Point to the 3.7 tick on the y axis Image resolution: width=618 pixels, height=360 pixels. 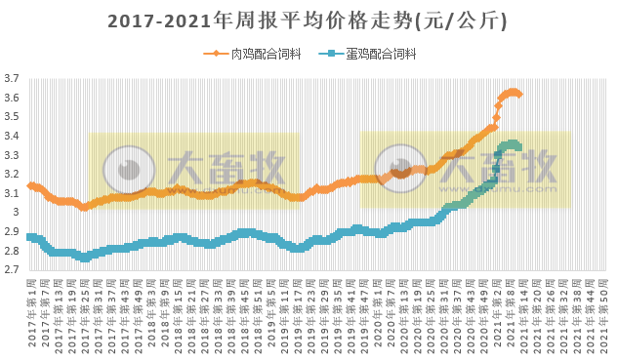pos(12,79)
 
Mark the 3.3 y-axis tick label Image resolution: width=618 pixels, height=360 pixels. pos(12,155)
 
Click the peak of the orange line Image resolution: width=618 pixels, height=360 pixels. pos(513,92)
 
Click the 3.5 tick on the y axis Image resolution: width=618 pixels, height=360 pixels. pos(12,117)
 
